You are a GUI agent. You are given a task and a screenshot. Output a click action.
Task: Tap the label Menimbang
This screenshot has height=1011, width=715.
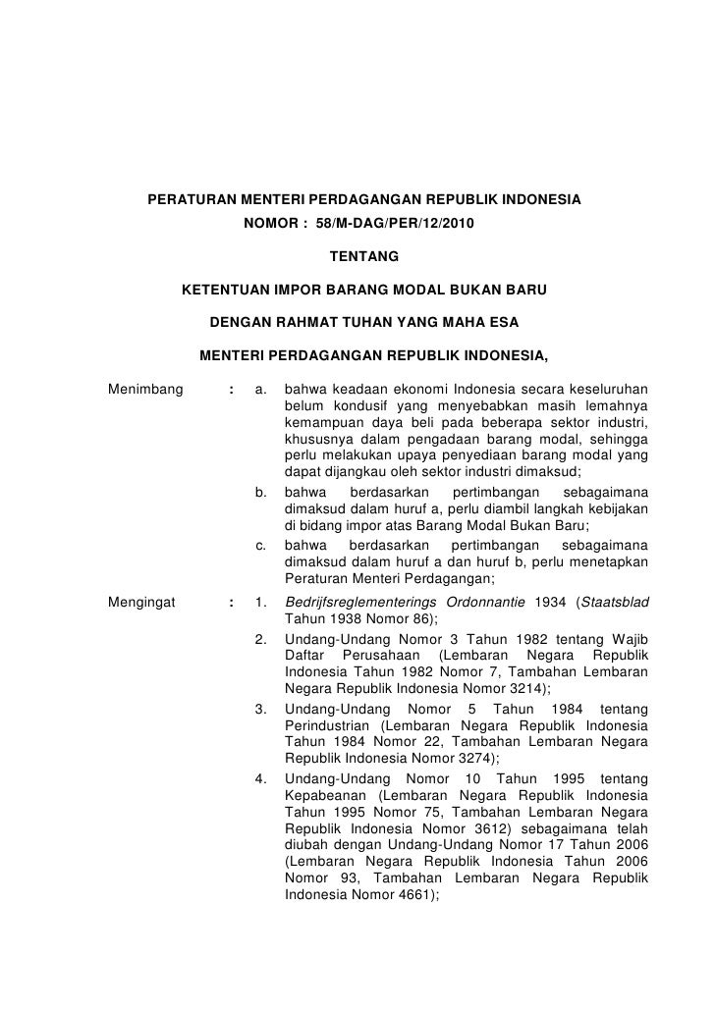pos(145,391)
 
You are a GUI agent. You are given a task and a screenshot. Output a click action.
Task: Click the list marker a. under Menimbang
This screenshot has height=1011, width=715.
pos(261,391)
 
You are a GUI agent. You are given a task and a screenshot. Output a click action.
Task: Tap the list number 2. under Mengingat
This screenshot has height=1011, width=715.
pos(261,640)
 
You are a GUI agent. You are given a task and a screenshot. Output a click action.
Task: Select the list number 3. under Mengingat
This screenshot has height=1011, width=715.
pos(261,708)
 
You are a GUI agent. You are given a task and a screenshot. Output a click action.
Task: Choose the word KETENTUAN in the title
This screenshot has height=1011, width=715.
pos(228,291)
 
